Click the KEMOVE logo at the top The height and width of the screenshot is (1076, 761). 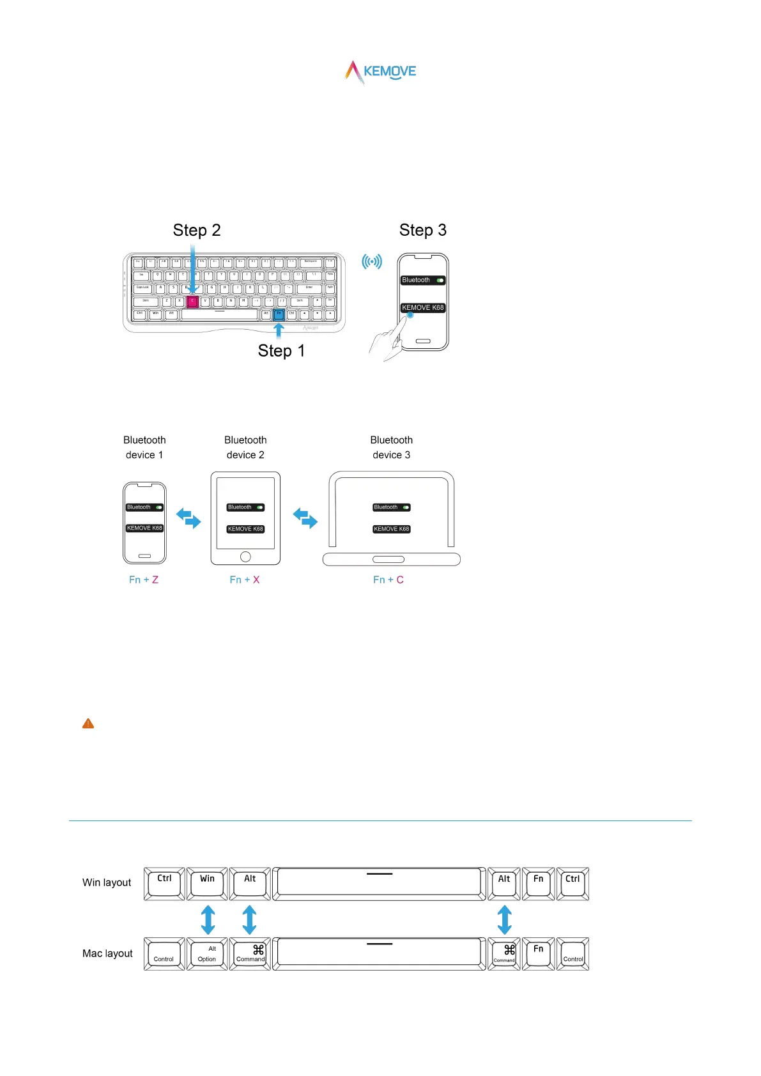click(x=381, y=72)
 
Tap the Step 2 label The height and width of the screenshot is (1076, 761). click(x=197, y=230)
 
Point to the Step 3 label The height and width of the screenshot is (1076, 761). click(x=422, y=230)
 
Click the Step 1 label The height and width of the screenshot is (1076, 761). click(x=281, y=351)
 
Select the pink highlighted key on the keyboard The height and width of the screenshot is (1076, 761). click(x=192, y=301)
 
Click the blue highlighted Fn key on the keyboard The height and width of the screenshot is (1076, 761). click(x=279, y=314)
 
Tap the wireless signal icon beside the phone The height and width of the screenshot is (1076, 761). click(x=372, y=261)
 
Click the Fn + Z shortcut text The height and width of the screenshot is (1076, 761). click(x=144, y=580)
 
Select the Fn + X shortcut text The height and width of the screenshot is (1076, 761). click(x=245, y=580)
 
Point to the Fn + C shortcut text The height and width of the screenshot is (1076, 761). click(x=388, y=580)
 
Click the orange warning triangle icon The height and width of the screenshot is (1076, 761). click(x=88, y=723)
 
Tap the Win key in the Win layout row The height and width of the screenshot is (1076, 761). click(x=207, y=884)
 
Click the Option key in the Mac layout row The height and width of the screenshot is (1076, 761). click(x=207, y=954)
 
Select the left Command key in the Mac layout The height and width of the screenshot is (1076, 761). click(x=250, y=954)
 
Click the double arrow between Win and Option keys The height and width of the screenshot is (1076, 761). click(x=208, y=919)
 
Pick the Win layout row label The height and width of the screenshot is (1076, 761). click(x=107, y=882)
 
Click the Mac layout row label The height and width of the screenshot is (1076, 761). click(x=107, y=953)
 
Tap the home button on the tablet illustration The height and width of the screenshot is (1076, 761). click(x=245, y=557)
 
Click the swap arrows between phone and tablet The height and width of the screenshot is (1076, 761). click(x=188, y=518)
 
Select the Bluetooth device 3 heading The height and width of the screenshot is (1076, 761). click(x=392, y=447)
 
